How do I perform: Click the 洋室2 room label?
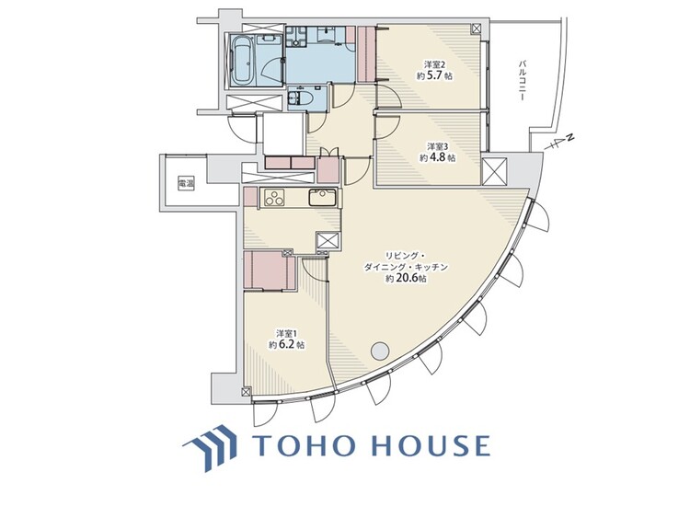pyautogui.click(x=434, y=64)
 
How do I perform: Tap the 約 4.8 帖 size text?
pyautogui.click(x=436, y=158)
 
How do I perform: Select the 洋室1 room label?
pyautogui.click(x=286, y=332)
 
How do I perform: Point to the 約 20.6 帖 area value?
pyautogui.click(x=406, y=278)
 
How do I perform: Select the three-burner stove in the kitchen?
pyautogui.click(x=274, y=195)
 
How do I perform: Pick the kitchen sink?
pyautogui.click(x=322, y=196)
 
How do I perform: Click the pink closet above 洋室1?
pyautogui.click(x=269, y=271)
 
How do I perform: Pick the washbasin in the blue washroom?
pyautogui.click(x=328, y=36)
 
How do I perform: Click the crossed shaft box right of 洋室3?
pyautogui.click(x=493, y=171)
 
